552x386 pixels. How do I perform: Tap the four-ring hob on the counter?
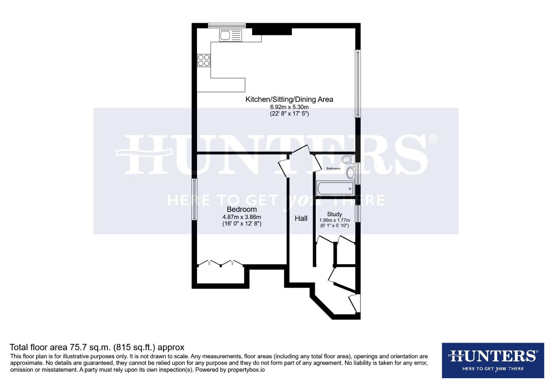pyautogui.click(x=204, y=60)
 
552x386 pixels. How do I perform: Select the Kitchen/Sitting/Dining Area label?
pyautogui.click(x=289, y=99)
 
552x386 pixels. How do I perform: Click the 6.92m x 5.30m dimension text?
pyautogui.click(x=289, y=107)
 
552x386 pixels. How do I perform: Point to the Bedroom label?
pyautogui.click(x=242, y=209)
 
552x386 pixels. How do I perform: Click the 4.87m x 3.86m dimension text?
pyautogui.click(x=242, y=217)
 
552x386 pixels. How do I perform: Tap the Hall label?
pyautogui.click(x=301, y=218)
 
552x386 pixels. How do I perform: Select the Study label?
pyautogui.click(x=334, y=214)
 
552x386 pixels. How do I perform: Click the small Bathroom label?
pyautogui.click(x=333, y=168)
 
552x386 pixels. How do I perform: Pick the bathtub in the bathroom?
pyautogui.click(x=335, y=188)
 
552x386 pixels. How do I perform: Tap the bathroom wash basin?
pyautogui.click(x=351, y=173)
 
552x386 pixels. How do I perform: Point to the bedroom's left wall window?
pyautogui.click(x=194, y=199)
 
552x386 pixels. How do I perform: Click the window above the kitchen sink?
pyautogui.click(x=227, y=25)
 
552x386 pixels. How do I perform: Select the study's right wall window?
pyautogui.click(x=358, y=213)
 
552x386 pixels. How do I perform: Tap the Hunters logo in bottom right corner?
pyautogui.click(x=493, y=360)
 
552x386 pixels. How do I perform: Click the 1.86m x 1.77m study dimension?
pyautogui.click(x=334, y=220)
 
